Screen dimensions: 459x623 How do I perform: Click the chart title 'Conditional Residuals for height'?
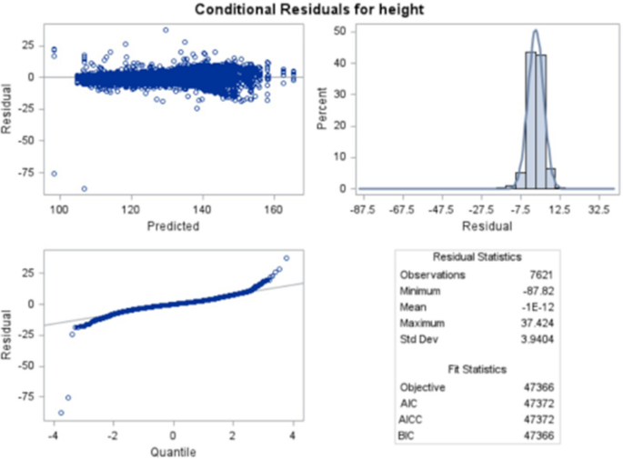point(311,9)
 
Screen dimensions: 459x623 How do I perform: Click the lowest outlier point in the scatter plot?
point(85,188)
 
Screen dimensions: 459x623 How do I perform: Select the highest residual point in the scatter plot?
point(166,29)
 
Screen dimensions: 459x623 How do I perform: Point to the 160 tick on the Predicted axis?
point(273,208)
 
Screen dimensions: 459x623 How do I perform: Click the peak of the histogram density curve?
point(535,30)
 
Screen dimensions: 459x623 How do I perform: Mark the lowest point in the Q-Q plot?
point(61,413)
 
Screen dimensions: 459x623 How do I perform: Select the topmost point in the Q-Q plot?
point(286,257)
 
